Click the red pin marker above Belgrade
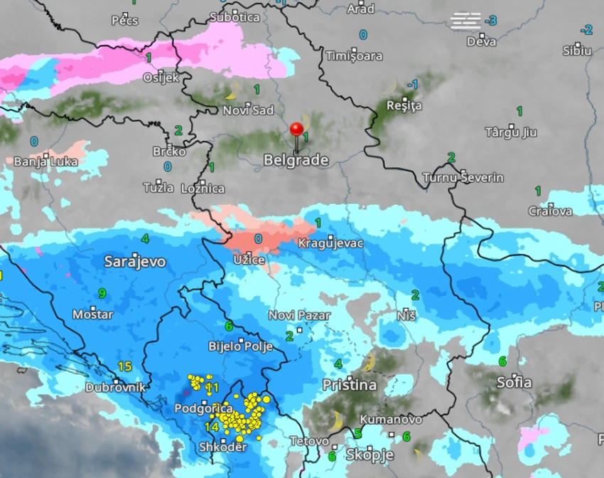[x=296, y=131]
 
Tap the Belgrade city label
[x=296, y=160]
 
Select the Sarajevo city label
[x=135, y=262]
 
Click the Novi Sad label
[x=248, y=110]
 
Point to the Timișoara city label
[x=354, y=55]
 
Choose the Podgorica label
[x=204, y=409]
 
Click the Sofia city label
[x=514, y=382]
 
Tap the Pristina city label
[x=350, y=385]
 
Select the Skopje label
[x=370, y=454]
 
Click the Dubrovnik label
[x=115, y=388]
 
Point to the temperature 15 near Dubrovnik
[x=125, y=367]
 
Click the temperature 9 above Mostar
[x=102, y=293]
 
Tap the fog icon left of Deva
[x=466, y=21]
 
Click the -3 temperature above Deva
[x=491, y=21]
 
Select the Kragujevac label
[x=330, y=243]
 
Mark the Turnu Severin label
[x=463, y=177]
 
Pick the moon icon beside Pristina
[x=369, y=363]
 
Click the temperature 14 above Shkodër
[x=212, y=427]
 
